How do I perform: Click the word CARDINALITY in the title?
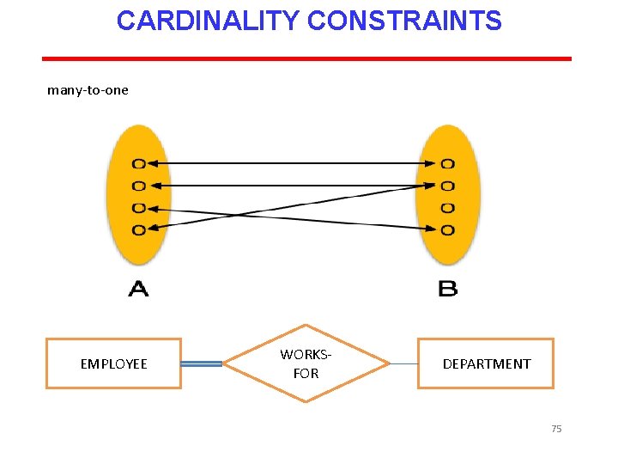(209, 21)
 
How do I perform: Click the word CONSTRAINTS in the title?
(404, 21)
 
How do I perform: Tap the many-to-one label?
(88, 90)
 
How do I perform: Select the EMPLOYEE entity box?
(113, 363)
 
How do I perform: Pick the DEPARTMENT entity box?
(486, 363)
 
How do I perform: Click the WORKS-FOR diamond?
(306, 363)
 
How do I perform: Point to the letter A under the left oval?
(138, 288)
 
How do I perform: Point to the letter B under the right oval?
(447, 288)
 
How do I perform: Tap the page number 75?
(556, 429)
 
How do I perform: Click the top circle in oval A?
(138, 163)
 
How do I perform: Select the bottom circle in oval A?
(138, 229)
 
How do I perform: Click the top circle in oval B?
(447, 163)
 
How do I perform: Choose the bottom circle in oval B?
(447, 229)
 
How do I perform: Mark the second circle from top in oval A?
(138, 185)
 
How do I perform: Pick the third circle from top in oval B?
(447, 208)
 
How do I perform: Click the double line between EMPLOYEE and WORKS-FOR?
(202, 364)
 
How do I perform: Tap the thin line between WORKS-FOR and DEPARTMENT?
(403, 363)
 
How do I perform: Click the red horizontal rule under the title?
(306, 58)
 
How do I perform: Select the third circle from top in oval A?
(138, 208)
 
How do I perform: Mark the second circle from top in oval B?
(447, 185)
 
